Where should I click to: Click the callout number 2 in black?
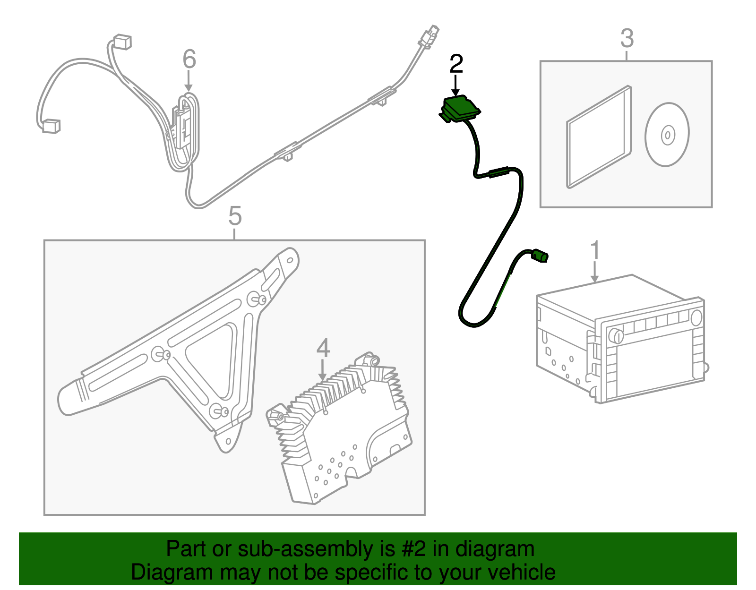(x=456, y=64)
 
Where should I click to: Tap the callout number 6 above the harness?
(x=189, y=60)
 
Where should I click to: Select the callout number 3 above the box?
(x=627, y=39)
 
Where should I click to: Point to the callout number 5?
(x=235, y=216)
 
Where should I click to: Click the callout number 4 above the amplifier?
(x=323, y=348)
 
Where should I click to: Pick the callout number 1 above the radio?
(x=595, y=250)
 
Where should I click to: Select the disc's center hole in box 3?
(x=667, y=135)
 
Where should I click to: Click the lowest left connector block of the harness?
(x=50, y=127)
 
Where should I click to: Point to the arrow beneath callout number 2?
(x=456, y=86)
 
